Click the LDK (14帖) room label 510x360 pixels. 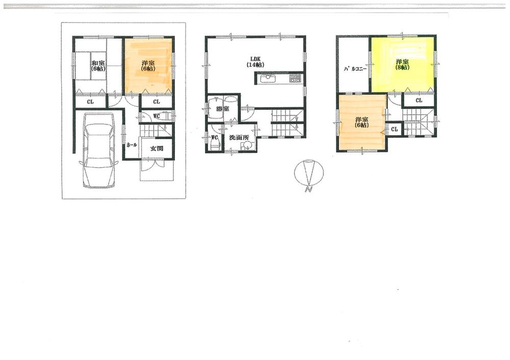tap(256, 62)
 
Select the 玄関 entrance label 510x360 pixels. tap(156, 148)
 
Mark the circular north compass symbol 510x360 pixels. tap(309, 172)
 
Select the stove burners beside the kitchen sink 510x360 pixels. tap(295, 79)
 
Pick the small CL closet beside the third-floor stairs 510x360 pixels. tap(394, 130)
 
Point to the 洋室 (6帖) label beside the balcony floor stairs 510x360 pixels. tap(362, 123)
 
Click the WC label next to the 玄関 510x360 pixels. tap(158, 116)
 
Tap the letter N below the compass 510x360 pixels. tap(308, 190)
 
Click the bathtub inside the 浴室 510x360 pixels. tap(214, 108)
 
